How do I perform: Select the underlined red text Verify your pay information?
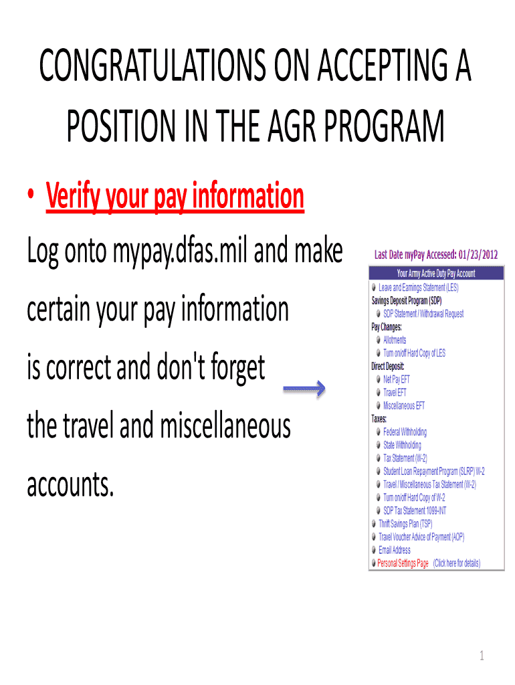click(x=175, y=197)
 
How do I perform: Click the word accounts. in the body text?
click(x=70, y=486)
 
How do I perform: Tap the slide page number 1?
click(x=481, y=656)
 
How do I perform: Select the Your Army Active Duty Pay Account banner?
click(x=435, y=273)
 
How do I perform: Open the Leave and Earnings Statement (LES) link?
click(x=419, y=287)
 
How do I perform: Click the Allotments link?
click(x=395, y=340)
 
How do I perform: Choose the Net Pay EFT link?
click(x=397, y=379)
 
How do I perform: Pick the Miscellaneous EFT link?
click(x=404, y=405)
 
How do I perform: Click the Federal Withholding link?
click(x=405, y=432)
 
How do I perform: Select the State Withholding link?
click(x=402, y=445)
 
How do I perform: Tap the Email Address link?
click(x=395, y=550)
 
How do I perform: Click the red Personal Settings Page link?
click(x=403, y=563)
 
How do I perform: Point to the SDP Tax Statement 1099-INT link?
click(x=415, y=510)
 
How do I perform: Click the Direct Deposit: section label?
click(x=388, y=366)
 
